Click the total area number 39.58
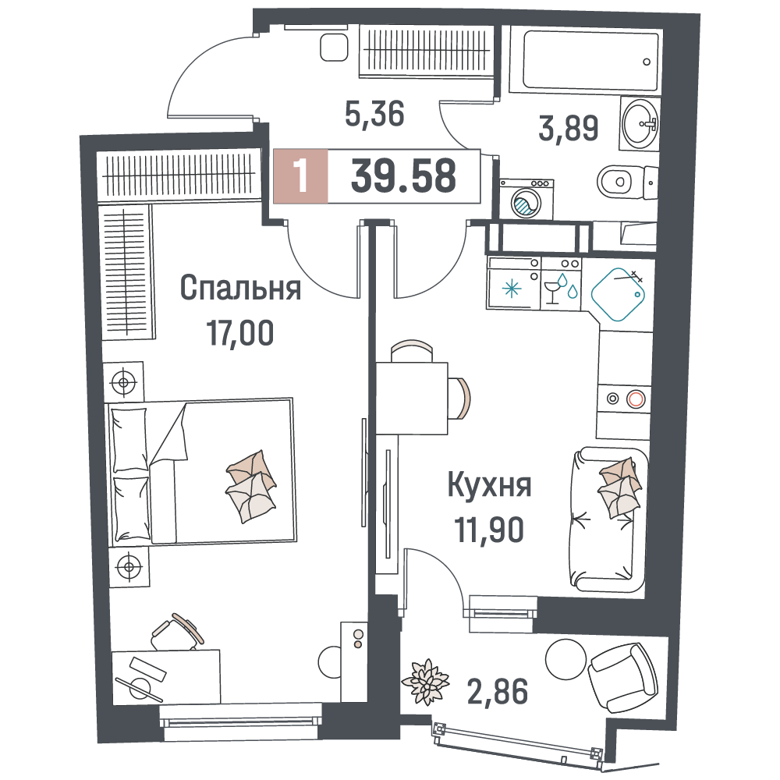tap(403, 176)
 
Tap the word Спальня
tap(240, 288)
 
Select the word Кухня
tap(490, 485)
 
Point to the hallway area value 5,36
tap(374, 114)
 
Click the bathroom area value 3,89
tap(569, 128)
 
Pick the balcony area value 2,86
tap(498, 692)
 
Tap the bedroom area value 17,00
tap(240, 333)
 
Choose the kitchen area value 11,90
tap(489, 530)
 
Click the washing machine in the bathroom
tap(526, 199)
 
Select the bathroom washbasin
tap(640, 123)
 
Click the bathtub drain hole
tap(647, 62)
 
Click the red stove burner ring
tap(636, 399)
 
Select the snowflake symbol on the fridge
tap(512, 289)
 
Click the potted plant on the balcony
tap(425, 682)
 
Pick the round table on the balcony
tap(565, 658)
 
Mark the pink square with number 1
tap(301, 176)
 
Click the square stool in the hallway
tap(334, 48)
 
